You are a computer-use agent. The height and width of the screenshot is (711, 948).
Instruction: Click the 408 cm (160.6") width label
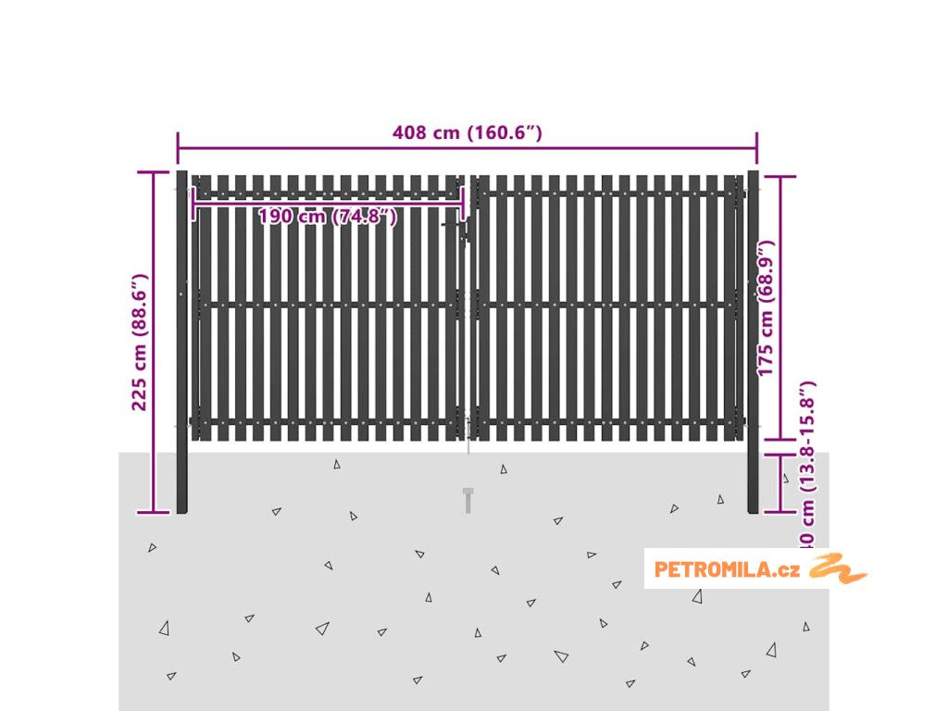[x=467, y=132]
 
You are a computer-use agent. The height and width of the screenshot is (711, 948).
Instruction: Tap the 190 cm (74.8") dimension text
[x=328, y=217]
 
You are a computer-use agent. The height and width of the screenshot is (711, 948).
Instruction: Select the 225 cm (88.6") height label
[x=140, y=342]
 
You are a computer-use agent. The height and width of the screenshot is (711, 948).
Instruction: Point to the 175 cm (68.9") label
[x=766, y=307]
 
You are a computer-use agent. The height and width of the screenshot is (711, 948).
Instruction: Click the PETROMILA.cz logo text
[x=727, y=569]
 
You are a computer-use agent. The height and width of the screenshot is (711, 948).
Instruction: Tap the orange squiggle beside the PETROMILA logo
[x=838, y=568]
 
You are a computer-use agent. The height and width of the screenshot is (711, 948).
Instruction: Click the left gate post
[x=181, y=342]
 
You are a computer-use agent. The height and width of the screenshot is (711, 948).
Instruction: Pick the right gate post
[x=754, y=342]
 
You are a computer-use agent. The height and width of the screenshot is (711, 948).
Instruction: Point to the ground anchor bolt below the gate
[x=468, y=500]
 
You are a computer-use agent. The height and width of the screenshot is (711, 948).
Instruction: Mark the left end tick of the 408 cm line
[x=178, y=146]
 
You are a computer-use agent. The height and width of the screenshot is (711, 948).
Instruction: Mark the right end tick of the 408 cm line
[x=757, y=146]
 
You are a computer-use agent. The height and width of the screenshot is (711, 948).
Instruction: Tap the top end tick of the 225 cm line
[x=154, y=172]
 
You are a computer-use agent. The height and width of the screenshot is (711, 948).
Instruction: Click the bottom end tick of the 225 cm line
[x=154, y=512]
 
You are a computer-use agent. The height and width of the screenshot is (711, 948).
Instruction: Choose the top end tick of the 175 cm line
[x=780, y=176]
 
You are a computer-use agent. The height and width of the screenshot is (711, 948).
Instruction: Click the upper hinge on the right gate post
[x=743, y=193]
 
